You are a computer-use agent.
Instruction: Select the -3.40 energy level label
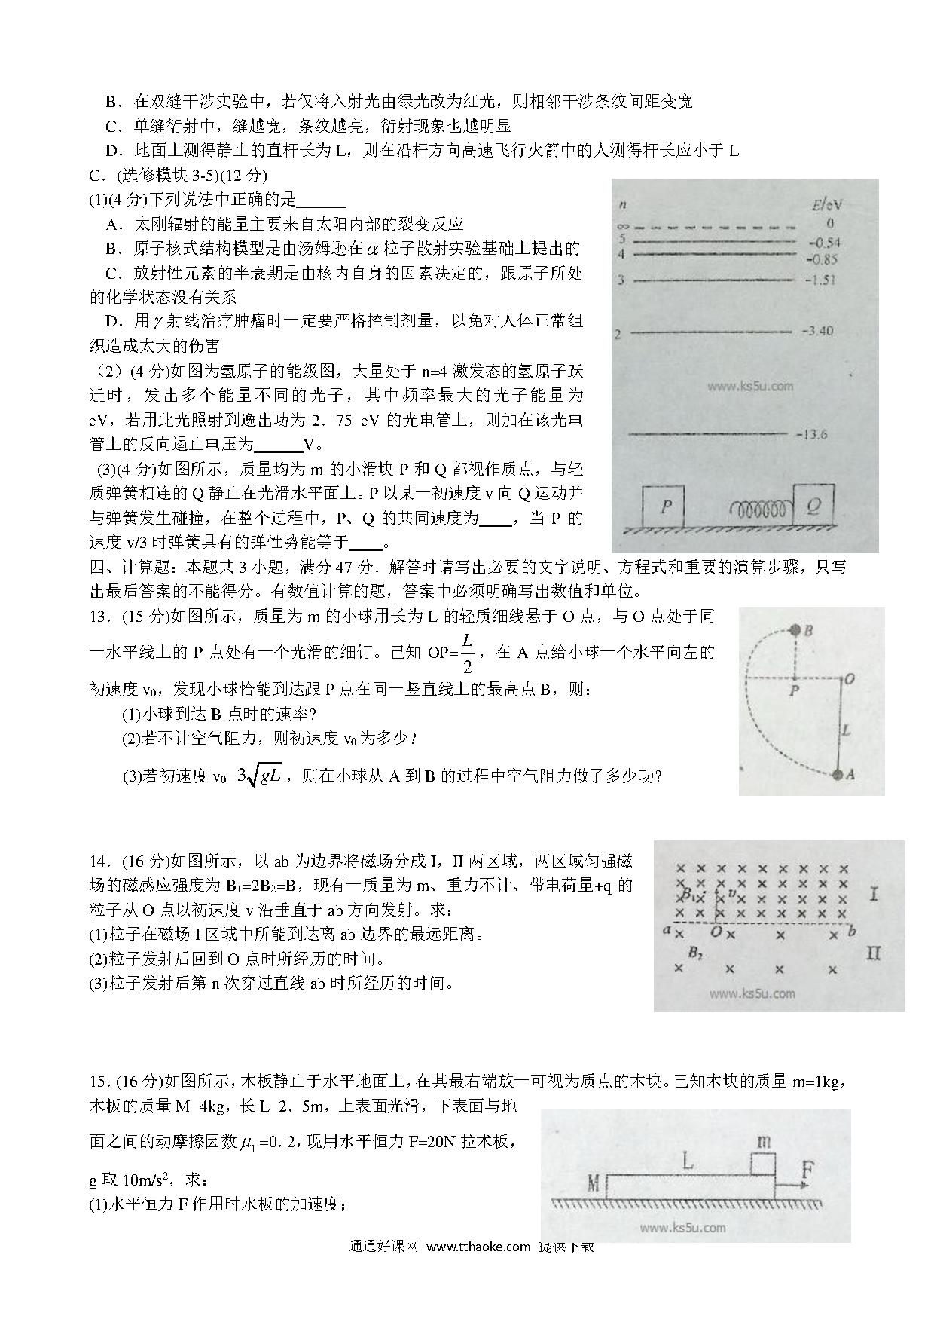pyautogui.click(x=818, y=331)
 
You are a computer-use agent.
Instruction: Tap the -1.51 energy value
pyautogui.click(x=820, y=280)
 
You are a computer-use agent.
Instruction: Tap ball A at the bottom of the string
pyautogui.click(x=838, y=774)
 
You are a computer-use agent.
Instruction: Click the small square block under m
pyautogui.click(x=762, y=1163)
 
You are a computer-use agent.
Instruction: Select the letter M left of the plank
pyautogui.click(x=593, y=1183)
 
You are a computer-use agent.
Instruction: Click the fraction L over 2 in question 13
pyautogui.click(x=468, y=653)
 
